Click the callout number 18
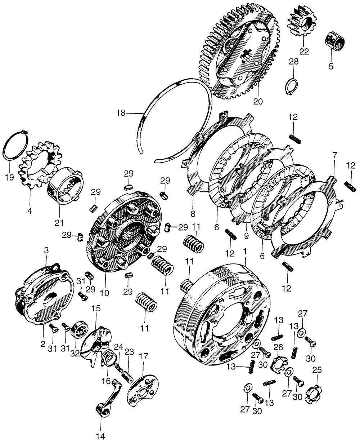point(121,113)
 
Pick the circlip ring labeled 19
point(15,146)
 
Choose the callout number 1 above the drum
point(245,250)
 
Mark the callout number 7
point(335,156)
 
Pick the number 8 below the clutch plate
point(193,213)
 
